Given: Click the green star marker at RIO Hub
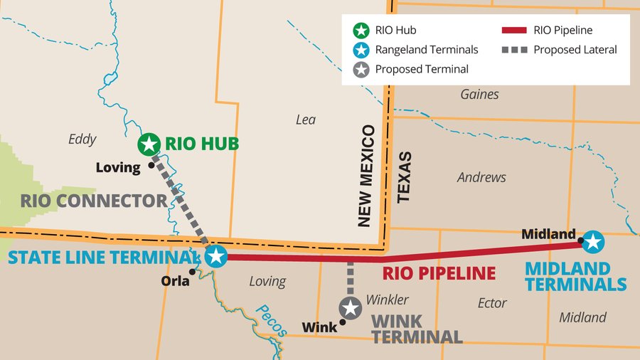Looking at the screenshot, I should (149, 144).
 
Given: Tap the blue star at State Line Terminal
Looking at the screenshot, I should (215, 257).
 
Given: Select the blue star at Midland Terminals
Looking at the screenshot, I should (593, 243).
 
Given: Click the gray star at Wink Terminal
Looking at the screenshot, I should (350, 308).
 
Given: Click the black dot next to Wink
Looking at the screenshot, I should (342, 322).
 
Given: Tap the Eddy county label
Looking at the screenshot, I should (82, 139).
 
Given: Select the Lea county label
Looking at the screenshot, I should (305, 120).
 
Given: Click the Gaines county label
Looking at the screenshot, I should (479, 94).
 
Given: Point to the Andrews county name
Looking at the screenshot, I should (481, 177).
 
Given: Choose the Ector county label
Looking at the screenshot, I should (492, 303).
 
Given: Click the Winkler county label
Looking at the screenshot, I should (387, 300).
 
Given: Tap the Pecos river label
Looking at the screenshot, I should (271, 320).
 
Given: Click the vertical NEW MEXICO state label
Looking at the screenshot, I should (366, 176).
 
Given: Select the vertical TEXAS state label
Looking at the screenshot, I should (404, 177).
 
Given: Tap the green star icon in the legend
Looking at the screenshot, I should (361, 31).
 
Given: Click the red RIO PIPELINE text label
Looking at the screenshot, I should (439, 273).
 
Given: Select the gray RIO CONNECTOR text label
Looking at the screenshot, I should (93, 201).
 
